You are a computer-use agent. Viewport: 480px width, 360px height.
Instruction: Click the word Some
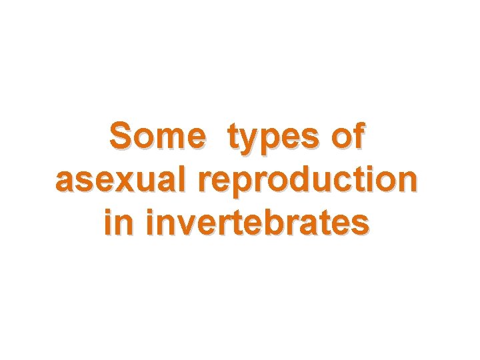(158, 137)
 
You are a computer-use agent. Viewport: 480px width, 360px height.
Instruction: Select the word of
(349, 137)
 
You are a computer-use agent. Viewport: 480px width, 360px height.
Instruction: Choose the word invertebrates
(257, 223)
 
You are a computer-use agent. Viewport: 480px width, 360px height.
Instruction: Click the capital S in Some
(122, 137)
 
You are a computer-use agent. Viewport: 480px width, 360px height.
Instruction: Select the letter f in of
(359, 136)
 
